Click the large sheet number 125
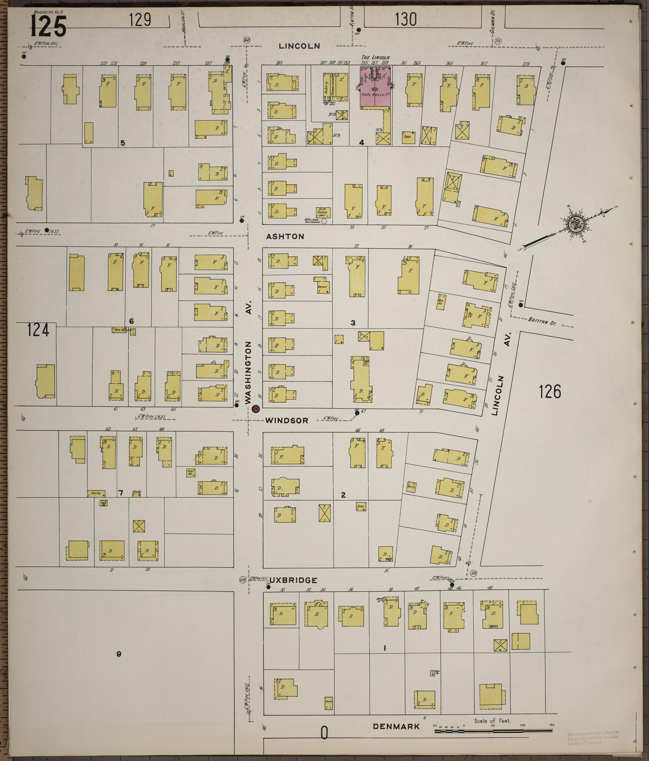(48, 25)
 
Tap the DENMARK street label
(396, 726)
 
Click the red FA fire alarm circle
(256, 409)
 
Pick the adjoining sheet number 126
(550, 391)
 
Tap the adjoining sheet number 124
(39, 330)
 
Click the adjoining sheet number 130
(406, 19)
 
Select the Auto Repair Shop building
(323, 213)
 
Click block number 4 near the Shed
(362, 143)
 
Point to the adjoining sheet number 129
(140, 19)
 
